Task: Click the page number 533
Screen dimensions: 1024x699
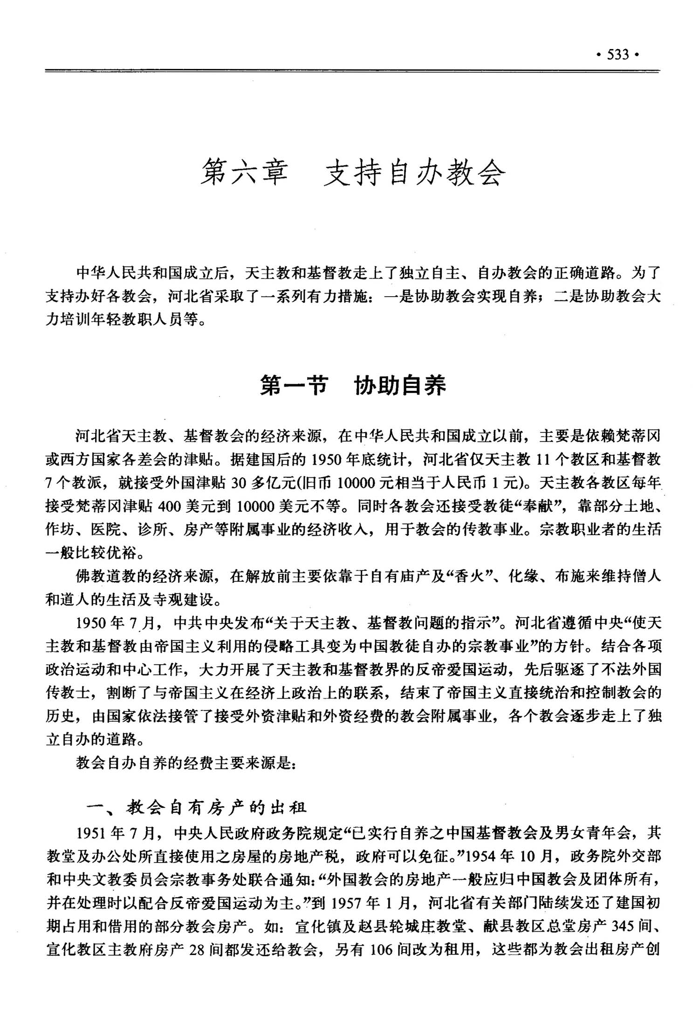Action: (618, 55)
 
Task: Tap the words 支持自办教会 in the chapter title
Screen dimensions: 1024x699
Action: (414, 174)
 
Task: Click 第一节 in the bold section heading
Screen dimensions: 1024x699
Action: (293, 385)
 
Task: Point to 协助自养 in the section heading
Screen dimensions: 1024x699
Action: (400, 385)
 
